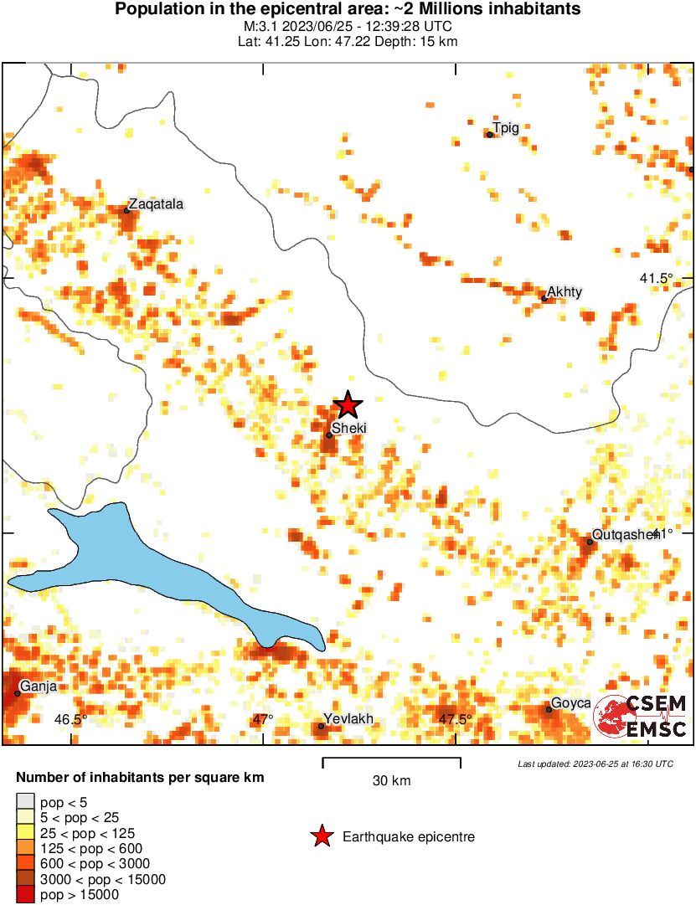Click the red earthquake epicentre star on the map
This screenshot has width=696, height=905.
pyautogui.click(x=348, y=405)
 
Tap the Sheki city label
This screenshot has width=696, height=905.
pyautogui.click(x=349, y=429)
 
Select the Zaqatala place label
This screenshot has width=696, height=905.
pyautogui.click(x=156, y=203)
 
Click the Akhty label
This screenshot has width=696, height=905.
pyautogui.click(x=565, y=291)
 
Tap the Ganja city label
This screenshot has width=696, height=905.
pyautogui.click(x=39, y=686)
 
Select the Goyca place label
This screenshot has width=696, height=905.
pyautogui.click(x=570, y=703)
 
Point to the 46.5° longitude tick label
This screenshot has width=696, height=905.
pyautogui.click(x=71, y=719)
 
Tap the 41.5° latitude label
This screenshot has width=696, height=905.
pyautogui.click(x=657, y=278)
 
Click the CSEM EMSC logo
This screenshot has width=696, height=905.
pyautogui.click(x=641, y=716)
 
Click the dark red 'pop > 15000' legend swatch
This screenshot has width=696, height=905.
pyautogui.click(x=25, y=894)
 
